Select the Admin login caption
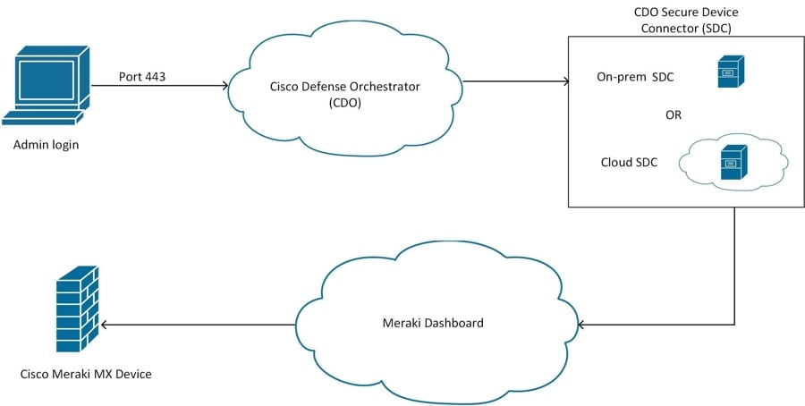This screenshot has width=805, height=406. point(47,144)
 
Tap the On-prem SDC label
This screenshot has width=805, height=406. point(635,77)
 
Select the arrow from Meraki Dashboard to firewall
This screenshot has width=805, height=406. point(197,324)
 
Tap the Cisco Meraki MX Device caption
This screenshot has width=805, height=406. point(86,373)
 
